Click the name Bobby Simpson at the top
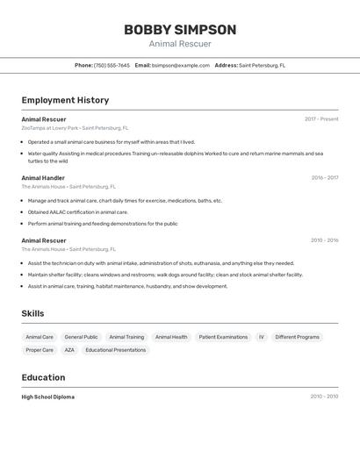click(x=180, y=30)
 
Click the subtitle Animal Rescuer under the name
click(x=180, y=44)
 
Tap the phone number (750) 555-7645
click(x=112, y=65)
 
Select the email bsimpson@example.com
click(x=181, y=65)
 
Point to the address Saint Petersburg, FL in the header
click(x=262, y=65)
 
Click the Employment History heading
click(x=65, y=100)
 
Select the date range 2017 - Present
click(x=321, y=119)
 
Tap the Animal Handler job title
click(x=43, y=177)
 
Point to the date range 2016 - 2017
click(x=324, y=177)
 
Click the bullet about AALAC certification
click(x=77, y=211)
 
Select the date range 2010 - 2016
click(x=324, y=240)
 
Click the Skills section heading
click(x=32, y=313)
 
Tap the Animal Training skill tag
click(x=126, y=337)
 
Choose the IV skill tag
click(x=261, y=337)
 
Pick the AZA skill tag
click(x=69, y=350)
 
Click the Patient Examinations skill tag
click(x=223, y=337)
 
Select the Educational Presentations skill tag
click(x=116, y=350)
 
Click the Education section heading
click(x=43, y=377)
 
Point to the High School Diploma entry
click(x=48, y=397)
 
